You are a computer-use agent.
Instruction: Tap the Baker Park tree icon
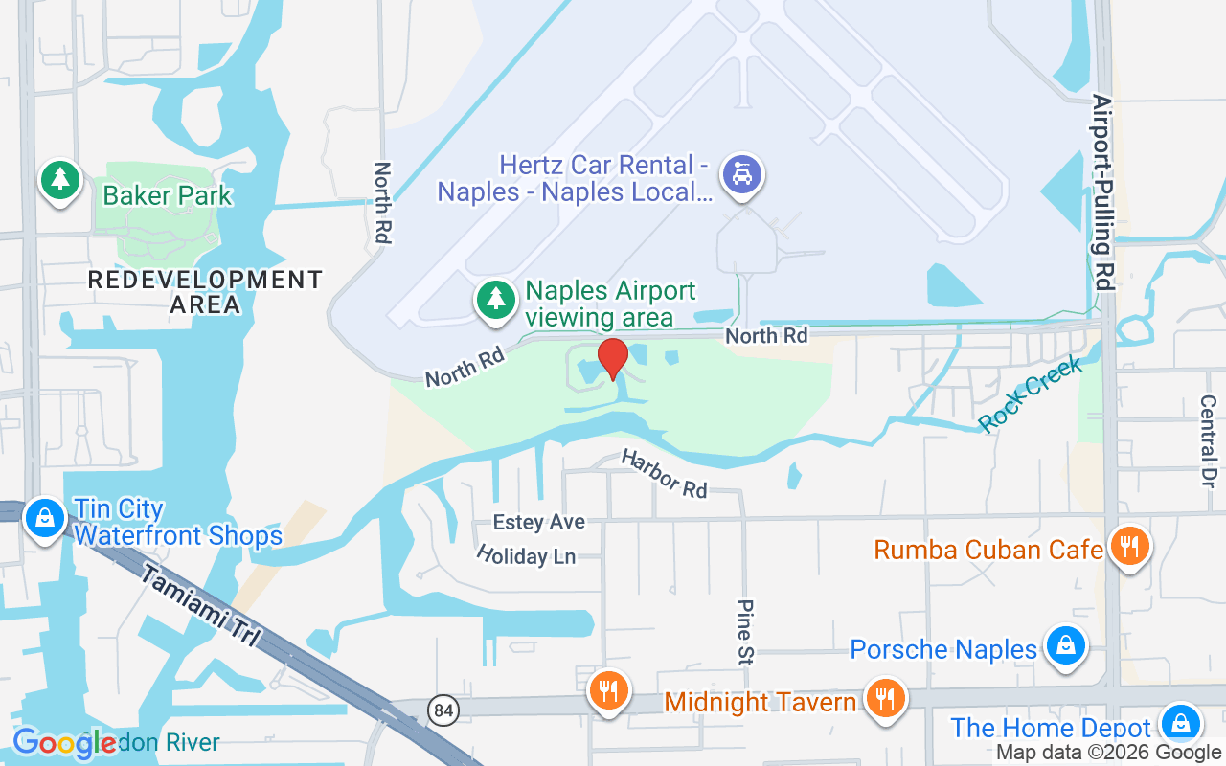pos(60,179)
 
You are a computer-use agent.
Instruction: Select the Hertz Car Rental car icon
pos(741,174)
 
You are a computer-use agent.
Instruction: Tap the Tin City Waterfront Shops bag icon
pos(44,519)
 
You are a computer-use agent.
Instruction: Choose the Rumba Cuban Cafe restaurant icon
pos(1130,547)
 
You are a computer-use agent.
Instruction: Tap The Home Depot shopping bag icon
pos(1180,723)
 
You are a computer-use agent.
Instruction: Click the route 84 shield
pos(443,710)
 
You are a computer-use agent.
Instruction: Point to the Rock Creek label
pos(1031,394)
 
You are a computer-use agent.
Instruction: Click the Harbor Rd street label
pos(664,473)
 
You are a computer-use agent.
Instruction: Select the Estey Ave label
pos(538,522)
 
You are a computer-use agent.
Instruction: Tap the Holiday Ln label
pos(525,555)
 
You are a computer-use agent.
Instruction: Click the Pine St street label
pos(745,631)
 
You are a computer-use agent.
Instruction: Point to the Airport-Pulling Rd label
pos(1103,191)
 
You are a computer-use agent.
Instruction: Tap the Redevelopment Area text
pos(206,292)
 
